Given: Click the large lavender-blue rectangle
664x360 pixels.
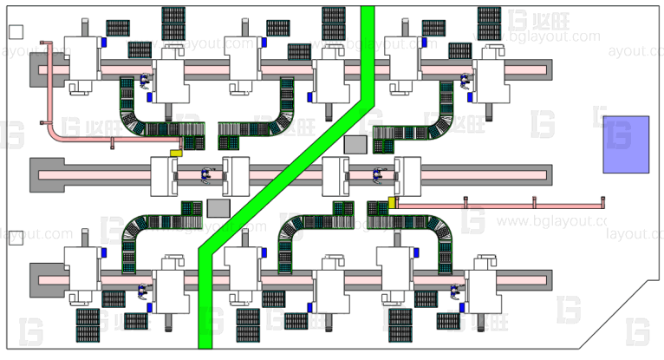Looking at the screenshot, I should coord(626,143).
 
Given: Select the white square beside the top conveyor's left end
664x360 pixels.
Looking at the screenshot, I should coord(15,32).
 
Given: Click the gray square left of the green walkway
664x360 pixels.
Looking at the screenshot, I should coord(218,207).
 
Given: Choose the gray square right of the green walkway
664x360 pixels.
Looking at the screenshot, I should coord(355,144).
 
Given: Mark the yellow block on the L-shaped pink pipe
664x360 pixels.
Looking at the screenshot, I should coord(175,154).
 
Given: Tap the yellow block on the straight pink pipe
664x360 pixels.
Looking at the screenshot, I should coord(392,202).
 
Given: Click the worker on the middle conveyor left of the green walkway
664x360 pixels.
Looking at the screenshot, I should coord(206,174).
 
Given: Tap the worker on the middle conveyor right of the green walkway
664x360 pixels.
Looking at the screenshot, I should coord(378,174).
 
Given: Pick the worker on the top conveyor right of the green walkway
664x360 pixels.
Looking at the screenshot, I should coord(465,83).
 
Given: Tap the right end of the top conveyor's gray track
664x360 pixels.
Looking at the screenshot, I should coord(542,69).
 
